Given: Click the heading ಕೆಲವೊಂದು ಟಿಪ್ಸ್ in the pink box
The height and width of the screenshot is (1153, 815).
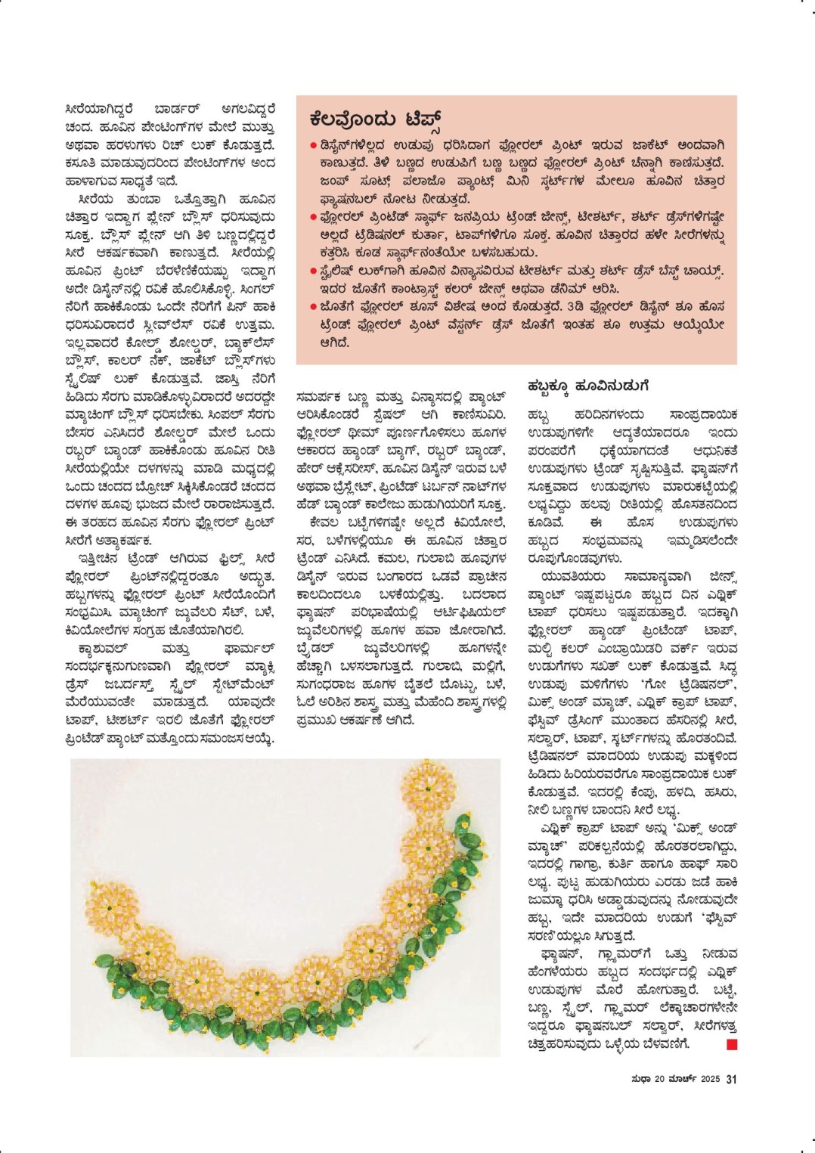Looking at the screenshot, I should point(375,119).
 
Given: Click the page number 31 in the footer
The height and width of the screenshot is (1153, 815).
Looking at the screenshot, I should point(731,1079).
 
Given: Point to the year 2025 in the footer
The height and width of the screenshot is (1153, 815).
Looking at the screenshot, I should point(710,1079).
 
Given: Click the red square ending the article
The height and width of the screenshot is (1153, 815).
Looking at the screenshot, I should point(731,1044).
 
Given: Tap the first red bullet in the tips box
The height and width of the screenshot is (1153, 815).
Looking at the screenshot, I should point(313,144).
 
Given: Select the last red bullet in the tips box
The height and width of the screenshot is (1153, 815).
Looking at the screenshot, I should point(313,307).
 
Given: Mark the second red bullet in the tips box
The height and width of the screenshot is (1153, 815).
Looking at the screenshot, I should point(313,217).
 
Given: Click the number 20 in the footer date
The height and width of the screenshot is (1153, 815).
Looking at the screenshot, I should point(660,1079).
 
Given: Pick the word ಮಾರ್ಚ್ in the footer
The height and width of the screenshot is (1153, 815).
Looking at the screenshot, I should point(683,1079).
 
